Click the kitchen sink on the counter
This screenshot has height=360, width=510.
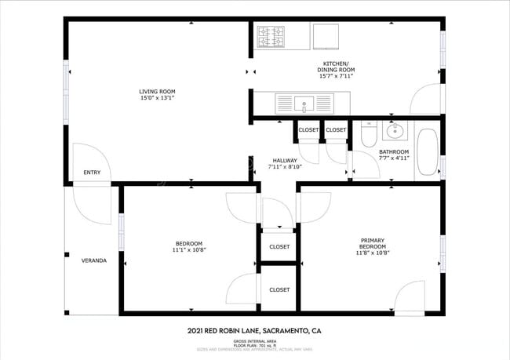[303, 102]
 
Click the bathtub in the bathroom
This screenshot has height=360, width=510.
[427, 151]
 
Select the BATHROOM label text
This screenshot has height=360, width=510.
[394, 151]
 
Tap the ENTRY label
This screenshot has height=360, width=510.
[91, 173]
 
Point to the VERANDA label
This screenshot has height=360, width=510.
[93, 260]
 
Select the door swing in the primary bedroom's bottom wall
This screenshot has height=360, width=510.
[410, 299]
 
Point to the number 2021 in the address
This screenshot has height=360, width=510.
[198, 331]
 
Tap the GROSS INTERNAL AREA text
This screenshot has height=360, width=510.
[254, 341]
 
